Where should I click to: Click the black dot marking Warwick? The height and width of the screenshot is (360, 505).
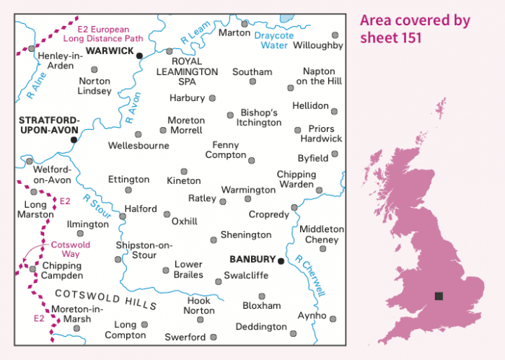[139, 56]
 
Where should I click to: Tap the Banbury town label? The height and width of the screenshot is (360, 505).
[252, 260]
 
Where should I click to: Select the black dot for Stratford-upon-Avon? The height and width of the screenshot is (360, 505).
[74, 139]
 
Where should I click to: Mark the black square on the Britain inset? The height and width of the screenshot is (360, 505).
[438, 296]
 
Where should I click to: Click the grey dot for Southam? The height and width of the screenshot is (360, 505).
[252, 82]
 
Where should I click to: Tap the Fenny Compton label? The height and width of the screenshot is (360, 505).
[227, 150]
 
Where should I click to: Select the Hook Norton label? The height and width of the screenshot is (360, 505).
[200, 305]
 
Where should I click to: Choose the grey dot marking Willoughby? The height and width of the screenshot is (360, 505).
[335, 35]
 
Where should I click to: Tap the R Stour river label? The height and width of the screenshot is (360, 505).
[95, 204]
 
